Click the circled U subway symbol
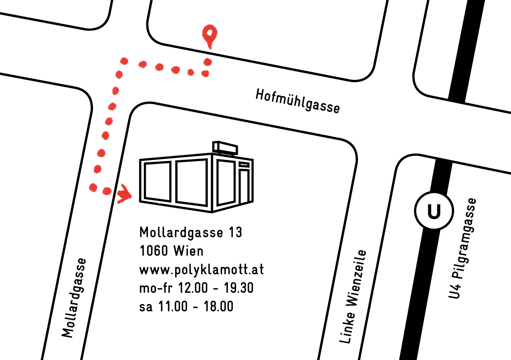pyautogui.click(x=434, y=212)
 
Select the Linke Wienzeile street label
pyautogui.click(x=352, y=297)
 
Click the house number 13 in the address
pyautogui.click(x=234, y=233)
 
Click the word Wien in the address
pyautogui.click(x=188, y=251)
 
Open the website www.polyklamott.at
pyautogui.click(x=202, y=270)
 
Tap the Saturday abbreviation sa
pyautogui.click(x=146, y=307)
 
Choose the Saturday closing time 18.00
pyautogui.click(x=219, y=307)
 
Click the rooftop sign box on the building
pyautogui.click(x=225, y=147)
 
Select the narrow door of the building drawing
pyautogui.click(x=244, y=185)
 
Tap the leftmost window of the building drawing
pyautogui.click(x=156, y=181)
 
